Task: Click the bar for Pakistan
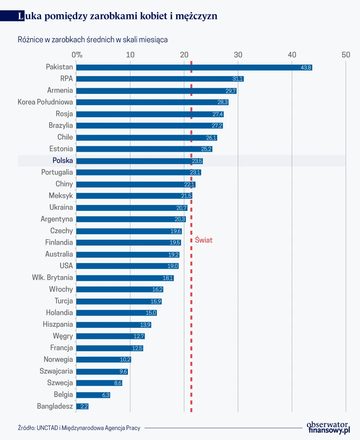coord(194,67)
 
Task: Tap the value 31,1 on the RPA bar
coord(238,79)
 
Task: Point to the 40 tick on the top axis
coord(292,55)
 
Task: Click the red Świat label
coord(203,240)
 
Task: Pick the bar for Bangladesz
coord(83,406)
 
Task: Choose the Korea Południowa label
coord(45,102)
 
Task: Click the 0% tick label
coord(77,55)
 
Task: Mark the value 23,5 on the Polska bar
coord(197,161)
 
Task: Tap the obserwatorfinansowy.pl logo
coord(327,427)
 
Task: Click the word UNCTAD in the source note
coord(47,428)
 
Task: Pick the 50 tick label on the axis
coord(346,55)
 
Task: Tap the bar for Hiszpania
coord(114,325)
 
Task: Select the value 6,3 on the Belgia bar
coord(106,395)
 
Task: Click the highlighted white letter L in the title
coord(21,17)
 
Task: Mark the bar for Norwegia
coord(104,359)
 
